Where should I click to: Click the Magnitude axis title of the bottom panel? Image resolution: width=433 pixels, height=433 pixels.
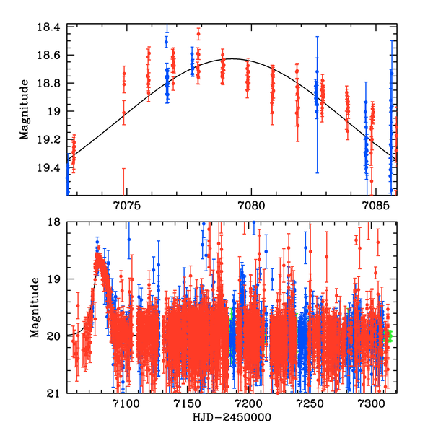pyautogui.click(x=32, y=308)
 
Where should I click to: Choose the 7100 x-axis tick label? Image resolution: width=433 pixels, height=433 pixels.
pyautogui.click(x=126, y=403)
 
